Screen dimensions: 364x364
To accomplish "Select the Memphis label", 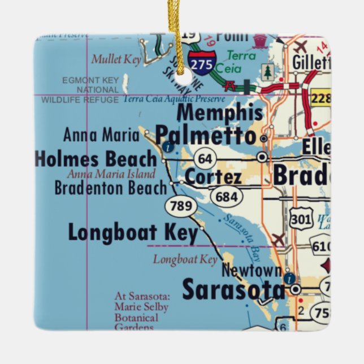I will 219,113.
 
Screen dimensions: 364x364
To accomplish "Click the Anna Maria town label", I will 101,135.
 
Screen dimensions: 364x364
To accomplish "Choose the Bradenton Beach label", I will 110,188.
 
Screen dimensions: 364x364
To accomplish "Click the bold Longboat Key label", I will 133,232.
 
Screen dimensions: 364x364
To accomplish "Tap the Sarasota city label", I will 233,290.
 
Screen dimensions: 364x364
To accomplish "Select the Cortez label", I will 213,177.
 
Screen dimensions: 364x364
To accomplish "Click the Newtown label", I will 251,271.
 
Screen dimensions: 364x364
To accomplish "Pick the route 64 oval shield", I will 205,159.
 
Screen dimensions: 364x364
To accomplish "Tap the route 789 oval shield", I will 181,206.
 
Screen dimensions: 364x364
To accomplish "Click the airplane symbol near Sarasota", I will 278,240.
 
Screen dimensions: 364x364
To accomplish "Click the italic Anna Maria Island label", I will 111,174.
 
